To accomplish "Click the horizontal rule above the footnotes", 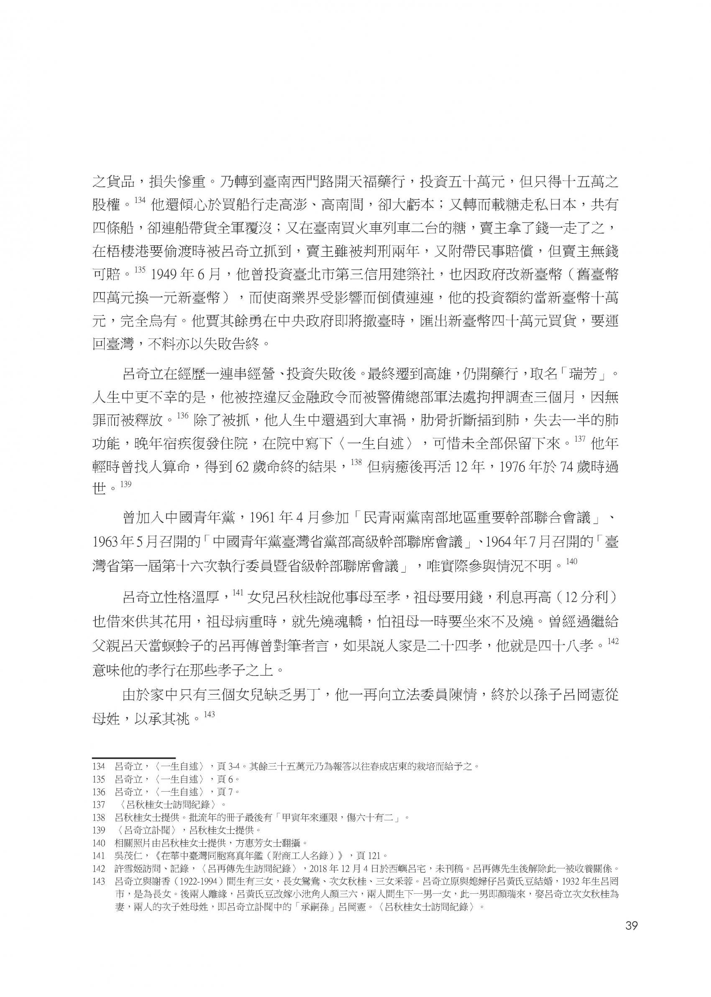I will tap(133, 758).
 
